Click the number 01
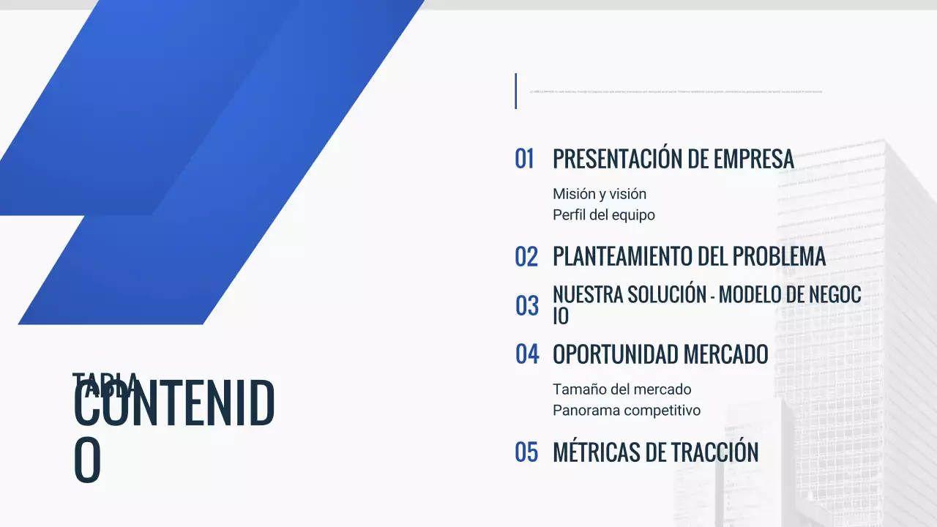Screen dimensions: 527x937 (x=524, y=159)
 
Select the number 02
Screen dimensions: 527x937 (x=526, y=257)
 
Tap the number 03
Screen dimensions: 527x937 (x=526, y=306)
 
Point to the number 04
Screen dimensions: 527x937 (x=526, y=354)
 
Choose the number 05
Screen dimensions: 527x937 (x=526, y=452)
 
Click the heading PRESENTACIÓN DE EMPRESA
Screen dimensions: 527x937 (x=673, y=159)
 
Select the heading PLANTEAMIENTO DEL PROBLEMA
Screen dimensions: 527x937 (x=689, y=257)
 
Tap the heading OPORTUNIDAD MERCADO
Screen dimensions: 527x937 (x=660, y=354)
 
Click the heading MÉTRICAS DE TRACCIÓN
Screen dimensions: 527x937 (x=655, y=452)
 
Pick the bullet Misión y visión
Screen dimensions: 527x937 (x=600, y=194)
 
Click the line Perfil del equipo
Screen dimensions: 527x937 (x=603, y=215)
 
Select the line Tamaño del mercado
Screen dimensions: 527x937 (x=621, y=389)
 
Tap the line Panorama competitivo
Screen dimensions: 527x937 (x=626, y=411)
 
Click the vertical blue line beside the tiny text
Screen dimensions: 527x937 (x=515, y=91)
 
